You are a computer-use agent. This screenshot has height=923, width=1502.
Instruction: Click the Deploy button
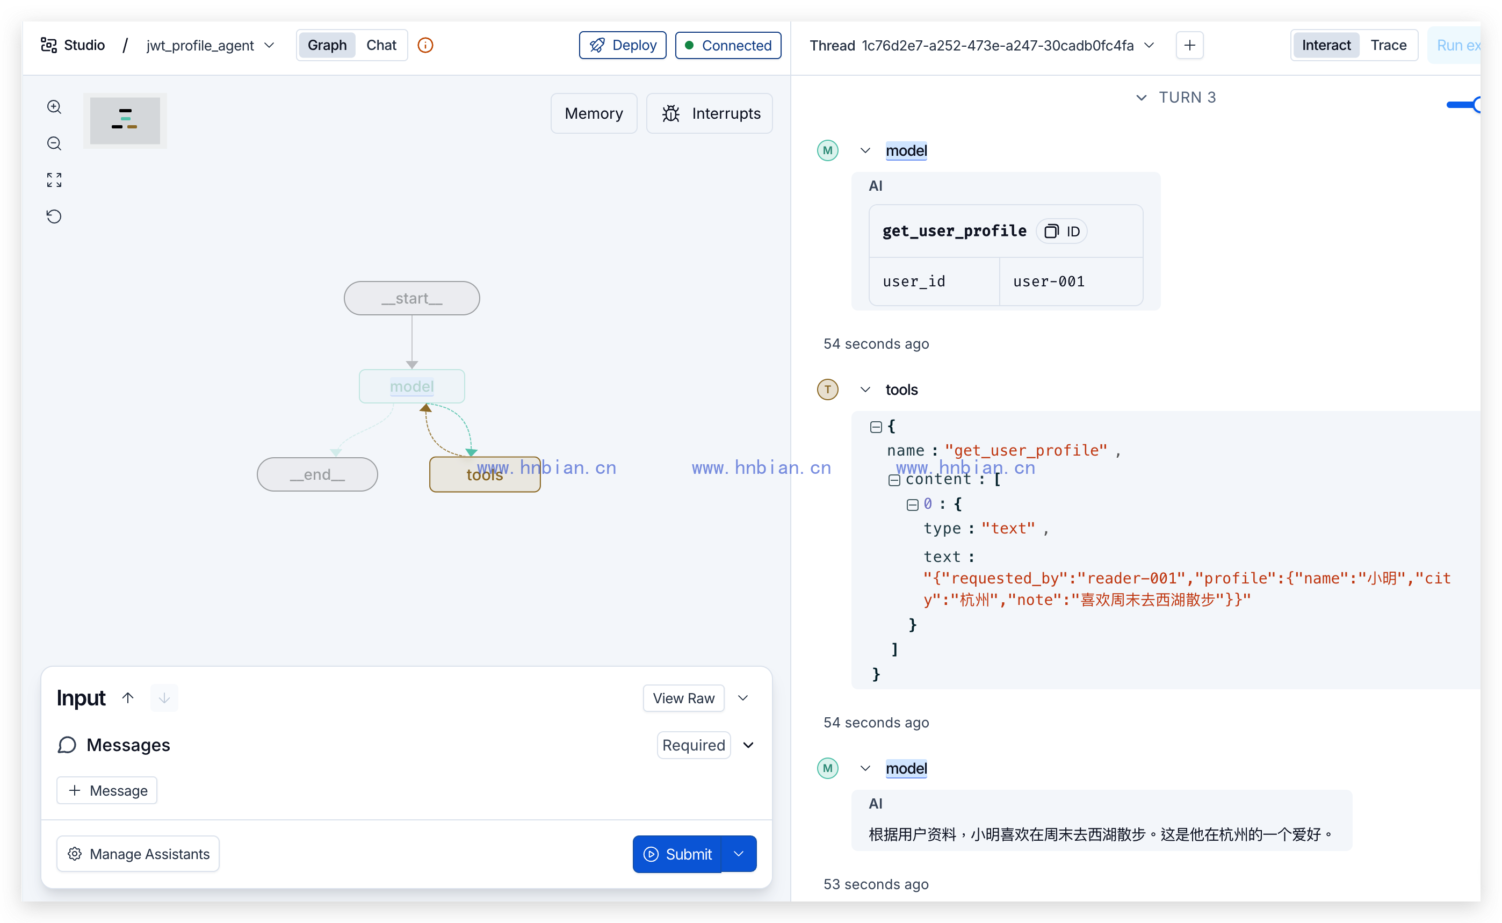tap(622, 45)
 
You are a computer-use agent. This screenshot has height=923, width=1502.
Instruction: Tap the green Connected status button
tap(727, 45)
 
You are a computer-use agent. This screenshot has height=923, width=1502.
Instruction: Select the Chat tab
tap(381, 45)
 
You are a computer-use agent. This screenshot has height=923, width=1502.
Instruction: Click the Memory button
tap(593, 113)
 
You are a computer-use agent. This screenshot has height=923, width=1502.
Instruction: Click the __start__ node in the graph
tap(411, 299)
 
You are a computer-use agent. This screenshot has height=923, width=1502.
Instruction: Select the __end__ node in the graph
tap(317, 474)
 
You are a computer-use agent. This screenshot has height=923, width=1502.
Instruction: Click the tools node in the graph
tap(485, 474)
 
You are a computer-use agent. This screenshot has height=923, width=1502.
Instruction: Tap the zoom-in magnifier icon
tap(54, 107)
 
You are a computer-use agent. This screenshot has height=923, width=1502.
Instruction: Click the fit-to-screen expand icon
tap(54, 179)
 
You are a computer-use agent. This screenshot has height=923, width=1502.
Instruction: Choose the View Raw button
tap(683, 698)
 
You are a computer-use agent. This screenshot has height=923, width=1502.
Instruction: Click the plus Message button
tap(107, 790)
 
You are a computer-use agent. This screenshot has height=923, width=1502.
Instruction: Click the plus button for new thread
tap(1189, 45)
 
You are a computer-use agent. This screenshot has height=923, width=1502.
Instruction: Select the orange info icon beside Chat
tap(425, 45)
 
